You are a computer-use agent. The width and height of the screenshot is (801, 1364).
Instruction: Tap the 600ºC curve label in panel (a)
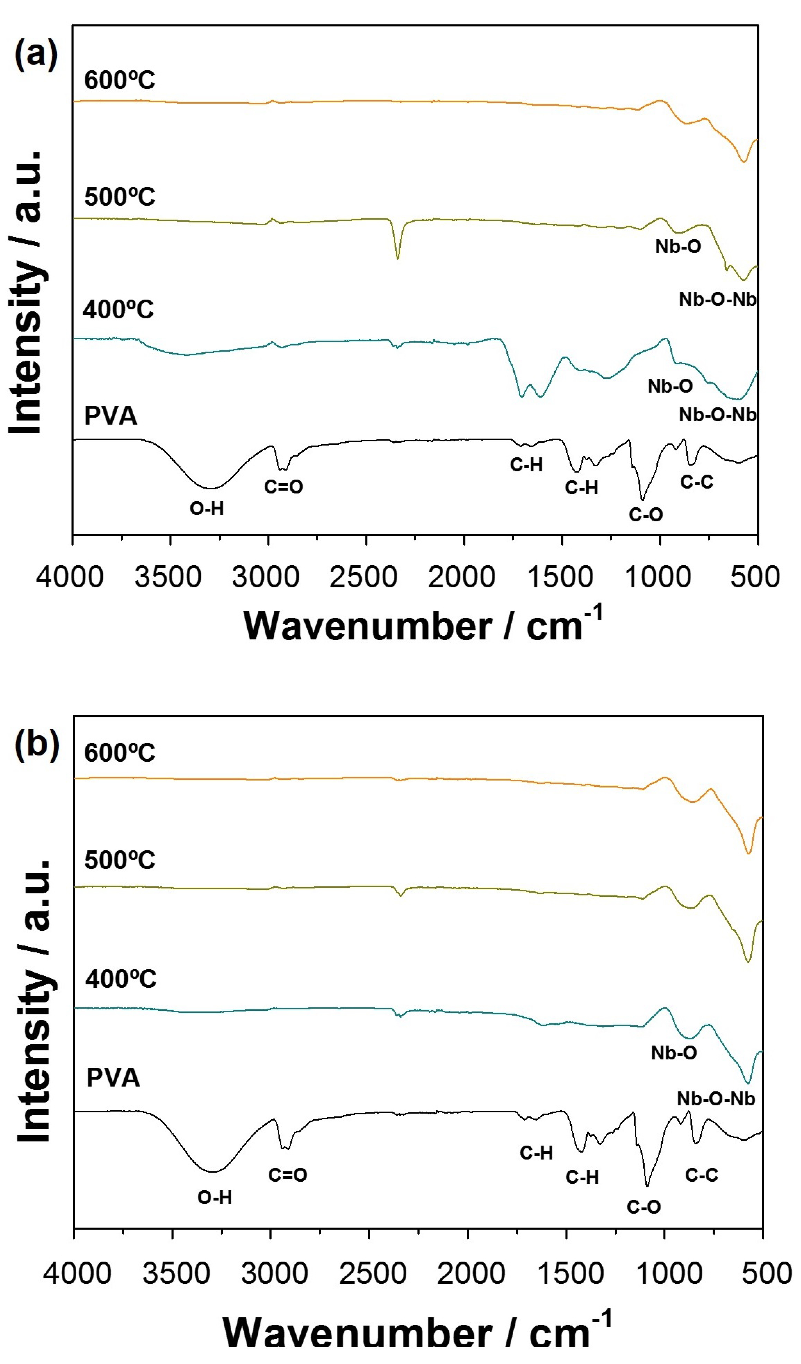point(120,80)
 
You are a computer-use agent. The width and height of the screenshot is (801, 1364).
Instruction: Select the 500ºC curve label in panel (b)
point(120,859)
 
